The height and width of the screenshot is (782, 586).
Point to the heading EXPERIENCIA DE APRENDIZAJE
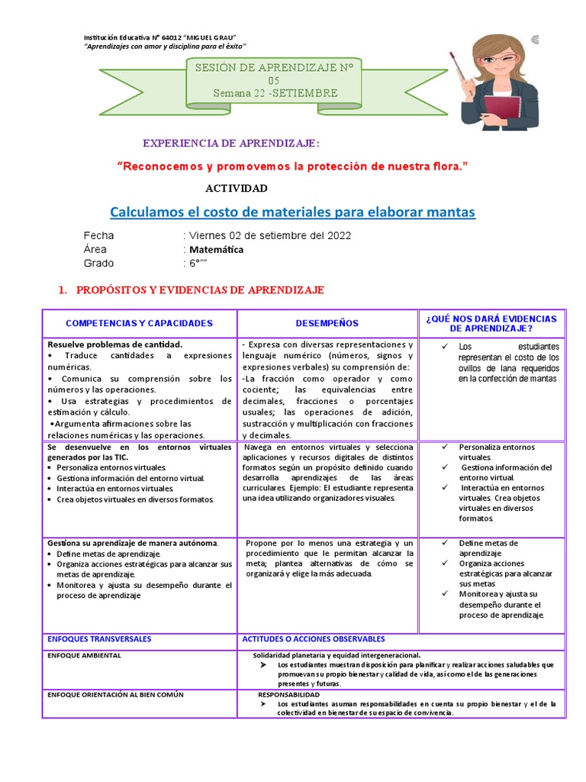point(232,144)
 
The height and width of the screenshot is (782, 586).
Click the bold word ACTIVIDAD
point(237,188)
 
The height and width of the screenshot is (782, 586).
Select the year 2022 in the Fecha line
point(336,235)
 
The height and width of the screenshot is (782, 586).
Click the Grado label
point(98,263)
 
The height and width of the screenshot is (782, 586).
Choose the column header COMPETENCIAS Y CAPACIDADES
point(139,323)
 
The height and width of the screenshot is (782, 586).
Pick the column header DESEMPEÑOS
point(327,323)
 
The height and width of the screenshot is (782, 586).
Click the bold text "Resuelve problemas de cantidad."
point(114,344)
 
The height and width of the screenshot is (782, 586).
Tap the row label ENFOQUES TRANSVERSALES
point(99,638)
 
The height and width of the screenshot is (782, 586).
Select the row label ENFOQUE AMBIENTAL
point(84,655)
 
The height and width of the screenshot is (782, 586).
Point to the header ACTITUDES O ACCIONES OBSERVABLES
point(314,638)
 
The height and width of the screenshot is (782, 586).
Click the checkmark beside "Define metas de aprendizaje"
point(444,542)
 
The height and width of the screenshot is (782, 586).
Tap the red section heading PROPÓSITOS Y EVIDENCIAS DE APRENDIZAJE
point(198,290)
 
